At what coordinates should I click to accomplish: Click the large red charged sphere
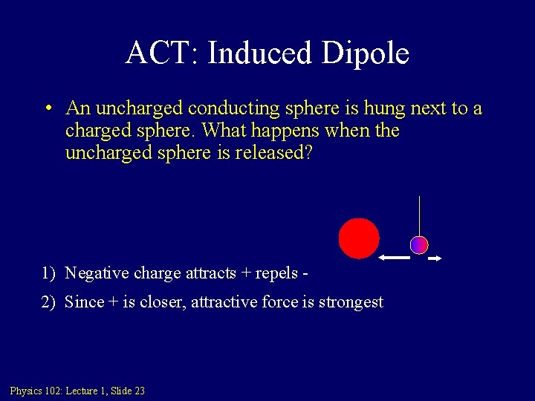coord(359,238)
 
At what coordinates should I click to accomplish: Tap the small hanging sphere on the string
coord(419,245)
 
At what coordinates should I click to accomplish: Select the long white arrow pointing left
coord(394,258)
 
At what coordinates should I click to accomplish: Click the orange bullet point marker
coord(47,108)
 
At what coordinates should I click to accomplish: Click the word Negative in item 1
coord(97,273)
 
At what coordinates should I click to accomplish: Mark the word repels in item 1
coord(276,273)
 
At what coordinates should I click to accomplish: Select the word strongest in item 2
coord(351,302)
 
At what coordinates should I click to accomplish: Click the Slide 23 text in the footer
coord(128,391)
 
